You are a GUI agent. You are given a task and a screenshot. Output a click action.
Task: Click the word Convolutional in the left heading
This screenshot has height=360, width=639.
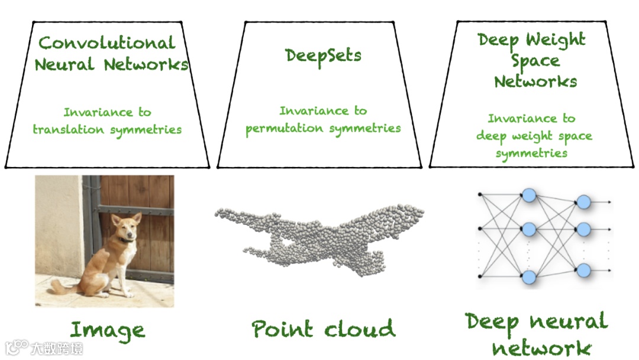click(x=106, y=43)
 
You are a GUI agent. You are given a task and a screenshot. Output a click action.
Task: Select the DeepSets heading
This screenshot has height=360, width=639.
click(x=323, y=55)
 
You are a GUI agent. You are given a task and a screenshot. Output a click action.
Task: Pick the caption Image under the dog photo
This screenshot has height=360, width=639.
click(x=107, y=330)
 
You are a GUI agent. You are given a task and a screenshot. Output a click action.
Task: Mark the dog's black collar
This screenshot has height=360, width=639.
click(x=125, y=240)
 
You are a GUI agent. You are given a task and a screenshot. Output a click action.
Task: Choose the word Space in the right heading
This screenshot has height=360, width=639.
click(x=535, y=61)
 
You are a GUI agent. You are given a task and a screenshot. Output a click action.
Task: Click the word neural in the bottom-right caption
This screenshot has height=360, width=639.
click(x=568, y=322)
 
